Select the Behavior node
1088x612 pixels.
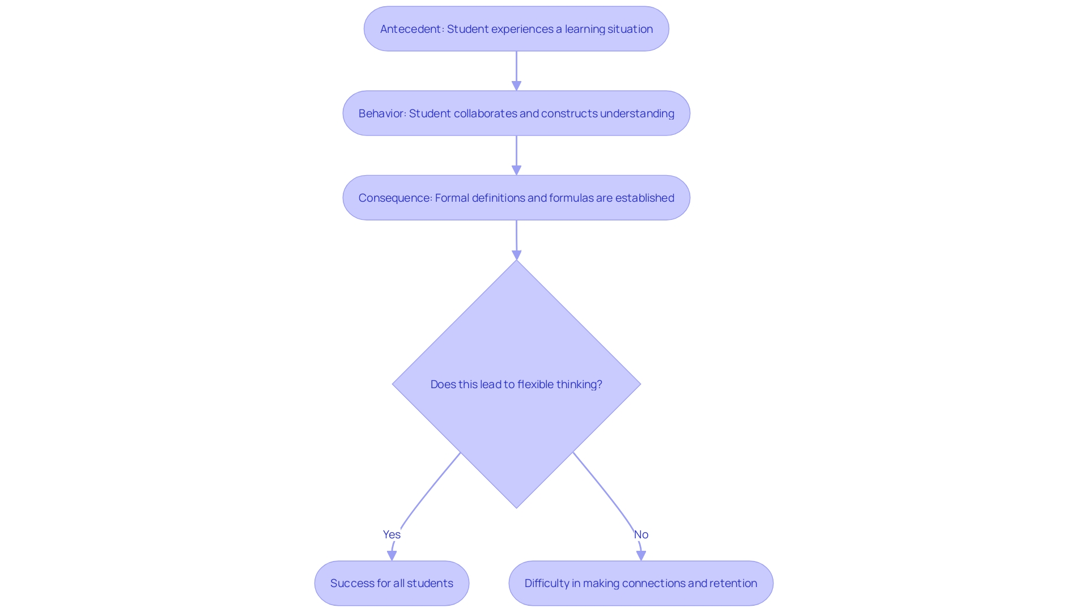click(516, 113)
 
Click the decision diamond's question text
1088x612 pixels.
click(516, 384)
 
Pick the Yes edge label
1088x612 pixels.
click(392, 534)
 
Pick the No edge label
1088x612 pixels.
click(641, 534)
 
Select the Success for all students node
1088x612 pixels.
click(392, 583)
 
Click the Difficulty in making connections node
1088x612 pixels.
click(641, 583)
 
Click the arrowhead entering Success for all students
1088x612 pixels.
click(392, 555)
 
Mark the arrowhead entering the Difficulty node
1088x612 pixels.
click(641, 555)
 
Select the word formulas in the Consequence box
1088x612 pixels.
click(571, 198)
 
